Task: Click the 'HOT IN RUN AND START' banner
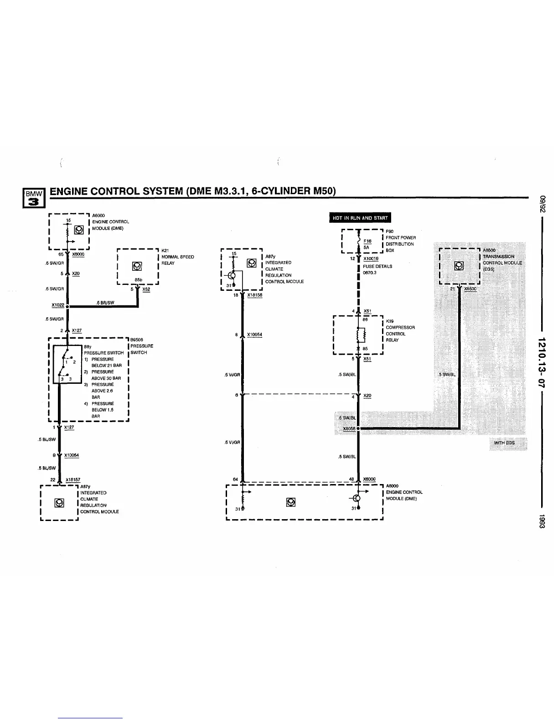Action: [x=360, y=218]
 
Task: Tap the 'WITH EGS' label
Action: [x=505, y=443]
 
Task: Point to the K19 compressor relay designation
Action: [x=390, y=321]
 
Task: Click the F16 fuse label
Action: [x=368, y=241]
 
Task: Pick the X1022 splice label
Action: [x=58, y=305]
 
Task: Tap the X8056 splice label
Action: [x=349, y=429]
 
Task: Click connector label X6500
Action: [x=470, y=289]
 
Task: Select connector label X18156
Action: [x=254, y=295]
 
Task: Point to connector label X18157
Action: [x=73, y=480]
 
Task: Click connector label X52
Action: [x=146, y=289]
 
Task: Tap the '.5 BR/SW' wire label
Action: [x=105, y=303]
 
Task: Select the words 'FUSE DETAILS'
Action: [x=377, y=267]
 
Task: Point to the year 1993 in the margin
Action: [x=542, y=521]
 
